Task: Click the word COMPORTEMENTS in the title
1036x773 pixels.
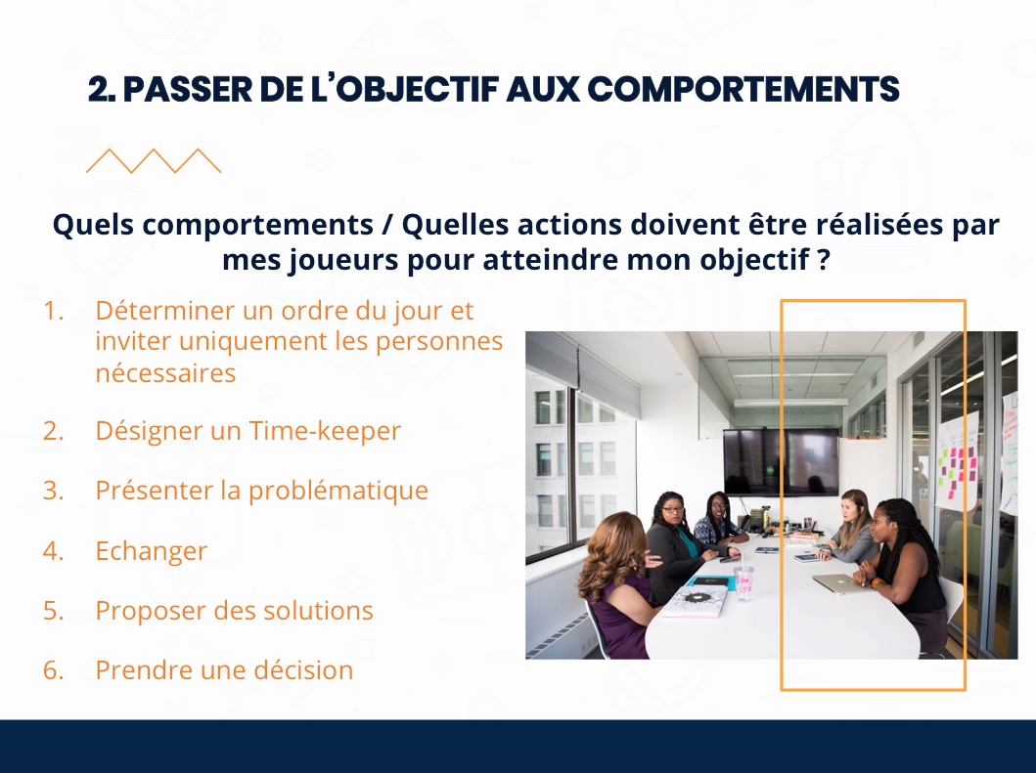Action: click(743, 89)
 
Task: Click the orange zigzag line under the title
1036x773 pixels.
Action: click(154, 161)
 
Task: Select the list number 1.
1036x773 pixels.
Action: click(53, 311)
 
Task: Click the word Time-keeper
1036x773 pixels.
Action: click(325, 431)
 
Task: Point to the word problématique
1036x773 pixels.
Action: click(338, 492)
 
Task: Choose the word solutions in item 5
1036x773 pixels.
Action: click(319, 611)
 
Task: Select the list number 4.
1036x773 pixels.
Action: click(53, 550)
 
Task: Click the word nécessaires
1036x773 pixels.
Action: click(165, 373)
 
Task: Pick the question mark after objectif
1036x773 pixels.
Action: click(824, 259)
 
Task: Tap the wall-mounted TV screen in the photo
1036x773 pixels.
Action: click(781, 460)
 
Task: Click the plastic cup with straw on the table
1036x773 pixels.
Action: click(743, 581)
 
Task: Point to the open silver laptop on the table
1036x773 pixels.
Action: click(837, 583)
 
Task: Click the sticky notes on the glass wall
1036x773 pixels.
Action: click(958, 469)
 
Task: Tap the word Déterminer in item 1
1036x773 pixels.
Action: click(165, 310)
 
